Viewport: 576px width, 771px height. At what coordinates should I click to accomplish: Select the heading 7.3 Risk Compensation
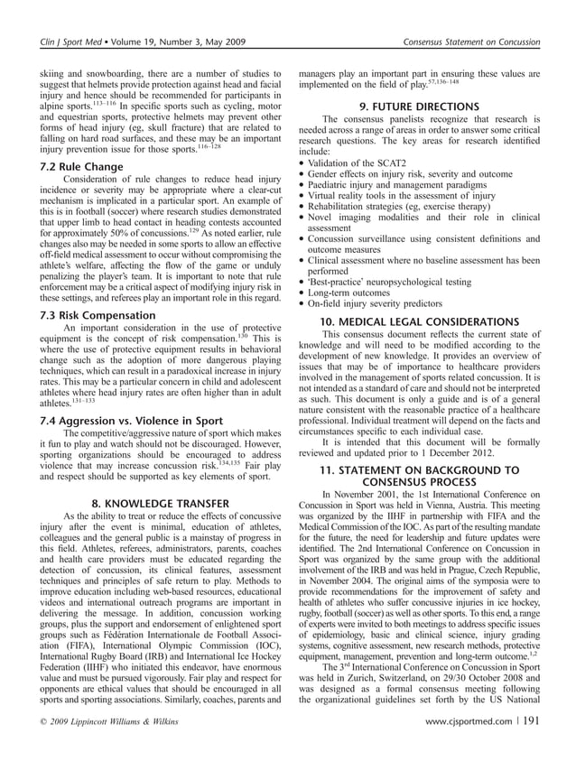coord(93,316)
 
